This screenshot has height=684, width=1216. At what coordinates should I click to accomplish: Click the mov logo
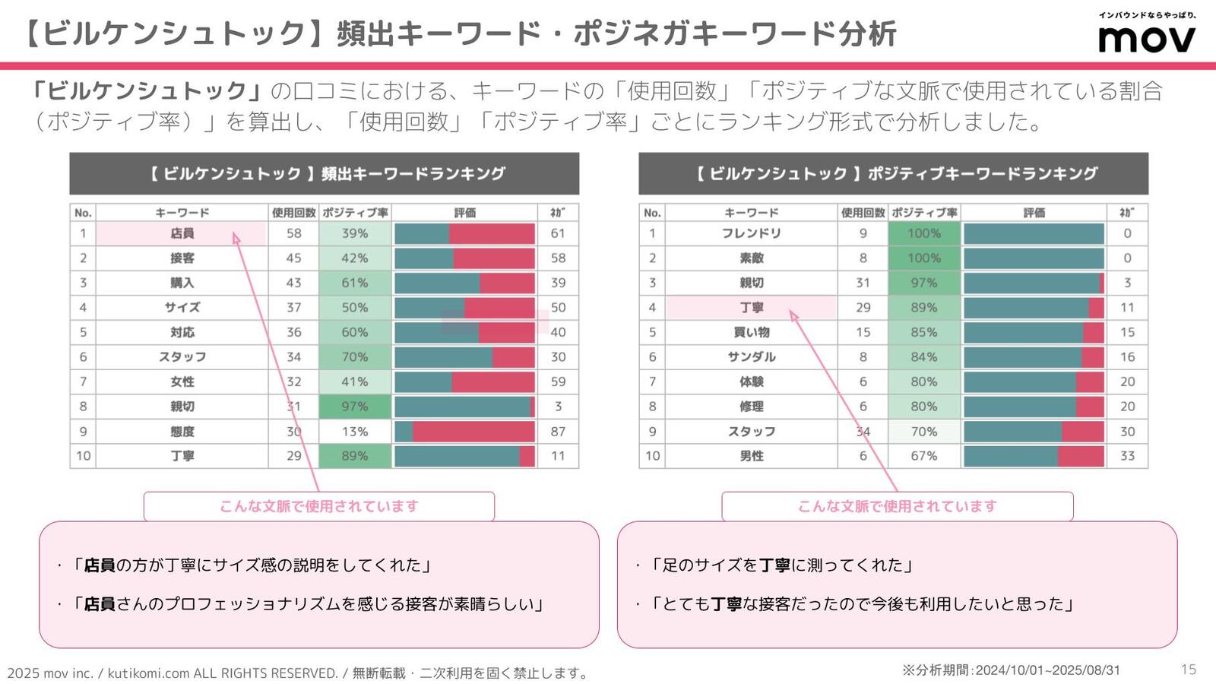pyautogui.click(x=1147, y=38)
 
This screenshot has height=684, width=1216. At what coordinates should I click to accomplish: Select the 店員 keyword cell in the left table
pyautogui.click(x=182, y=233)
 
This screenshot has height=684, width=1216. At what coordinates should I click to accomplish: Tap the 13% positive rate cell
pyautogui.click(x=354, y=431)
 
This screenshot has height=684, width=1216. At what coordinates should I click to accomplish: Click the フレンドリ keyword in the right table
pyautogui.click(x=751, y=233)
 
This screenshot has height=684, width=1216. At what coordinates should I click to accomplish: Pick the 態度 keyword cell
pyautogui.click(x=182, y=431)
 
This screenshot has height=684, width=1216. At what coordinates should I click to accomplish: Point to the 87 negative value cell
pyautogui.click(x=558, y=431)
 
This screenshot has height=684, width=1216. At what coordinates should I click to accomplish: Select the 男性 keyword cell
pyautogui.click(x=751, y=456)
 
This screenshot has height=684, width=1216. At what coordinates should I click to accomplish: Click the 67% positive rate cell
pyautogui.click(x=923, y=456)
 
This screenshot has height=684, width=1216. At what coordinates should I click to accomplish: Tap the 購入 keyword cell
pyautogui.click(x=182, y=283)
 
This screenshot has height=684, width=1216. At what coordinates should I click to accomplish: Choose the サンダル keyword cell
pyautogui.click(x=751, y=356)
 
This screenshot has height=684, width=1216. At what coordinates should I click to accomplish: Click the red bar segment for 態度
pyautogui.click(x=473, y=431)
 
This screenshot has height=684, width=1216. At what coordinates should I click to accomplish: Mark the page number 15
pyautogui.click(x=1188, y=670)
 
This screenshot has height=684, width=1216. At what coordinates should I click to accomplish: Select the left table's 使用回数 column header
pyautogui.click(x=293, y=213)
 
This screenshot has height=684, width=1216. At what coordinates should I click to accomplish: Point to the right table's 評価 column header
pyautogui.click(x=1034, y=213)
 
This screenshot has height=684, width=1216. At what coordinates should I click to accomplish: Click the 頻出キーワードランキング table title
pyautogui.click(x=325, y=173)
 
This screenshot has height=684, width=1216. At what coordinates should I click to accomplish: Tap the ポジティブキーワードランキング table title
pyautogui.click(x=894, y=173)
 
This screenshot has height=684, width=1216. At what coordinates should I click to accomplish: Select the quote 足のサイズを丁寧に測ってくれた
pyautogui.click(x=783, y=565)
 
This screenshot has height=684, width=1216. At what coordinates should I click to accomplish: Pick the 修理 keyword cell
pyautogui.click(x=751, y=407)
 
